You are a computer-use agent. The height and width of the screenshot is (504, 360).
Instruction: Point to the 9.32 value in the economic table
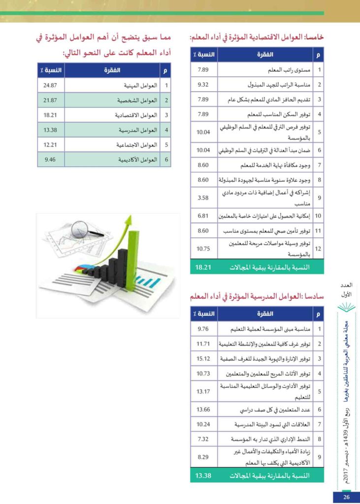click(203, 85)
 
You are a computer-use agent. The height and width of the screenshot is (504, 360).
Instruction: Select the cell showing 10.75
click(203, 249)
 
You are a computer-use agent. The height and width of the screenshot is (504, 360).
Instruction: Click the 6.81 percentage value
click(203, 215)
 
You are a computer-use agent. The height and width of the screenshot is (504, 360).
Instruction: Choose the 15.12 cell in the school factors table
click(203, 358)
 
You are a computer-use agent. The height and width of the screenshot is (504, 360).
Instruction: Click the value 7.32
click(203, 439)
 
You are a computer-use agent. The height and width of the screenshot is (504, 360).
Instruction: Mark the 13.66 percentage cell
click(203, 409)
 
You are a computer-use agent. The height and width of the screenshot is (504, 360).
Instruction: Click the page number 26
click(346, 497)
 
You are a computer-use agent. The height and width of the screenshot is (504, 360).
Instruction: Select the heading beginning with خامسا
click(257, 37)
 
